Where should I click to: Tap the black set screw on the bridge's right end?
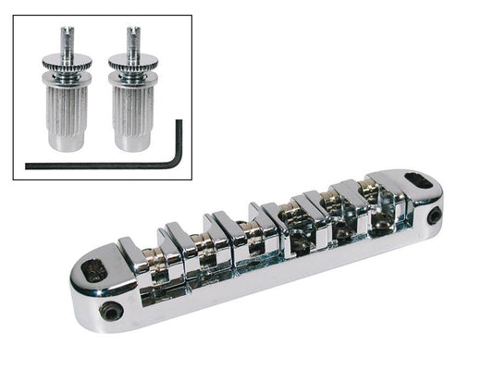(435, 218)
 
